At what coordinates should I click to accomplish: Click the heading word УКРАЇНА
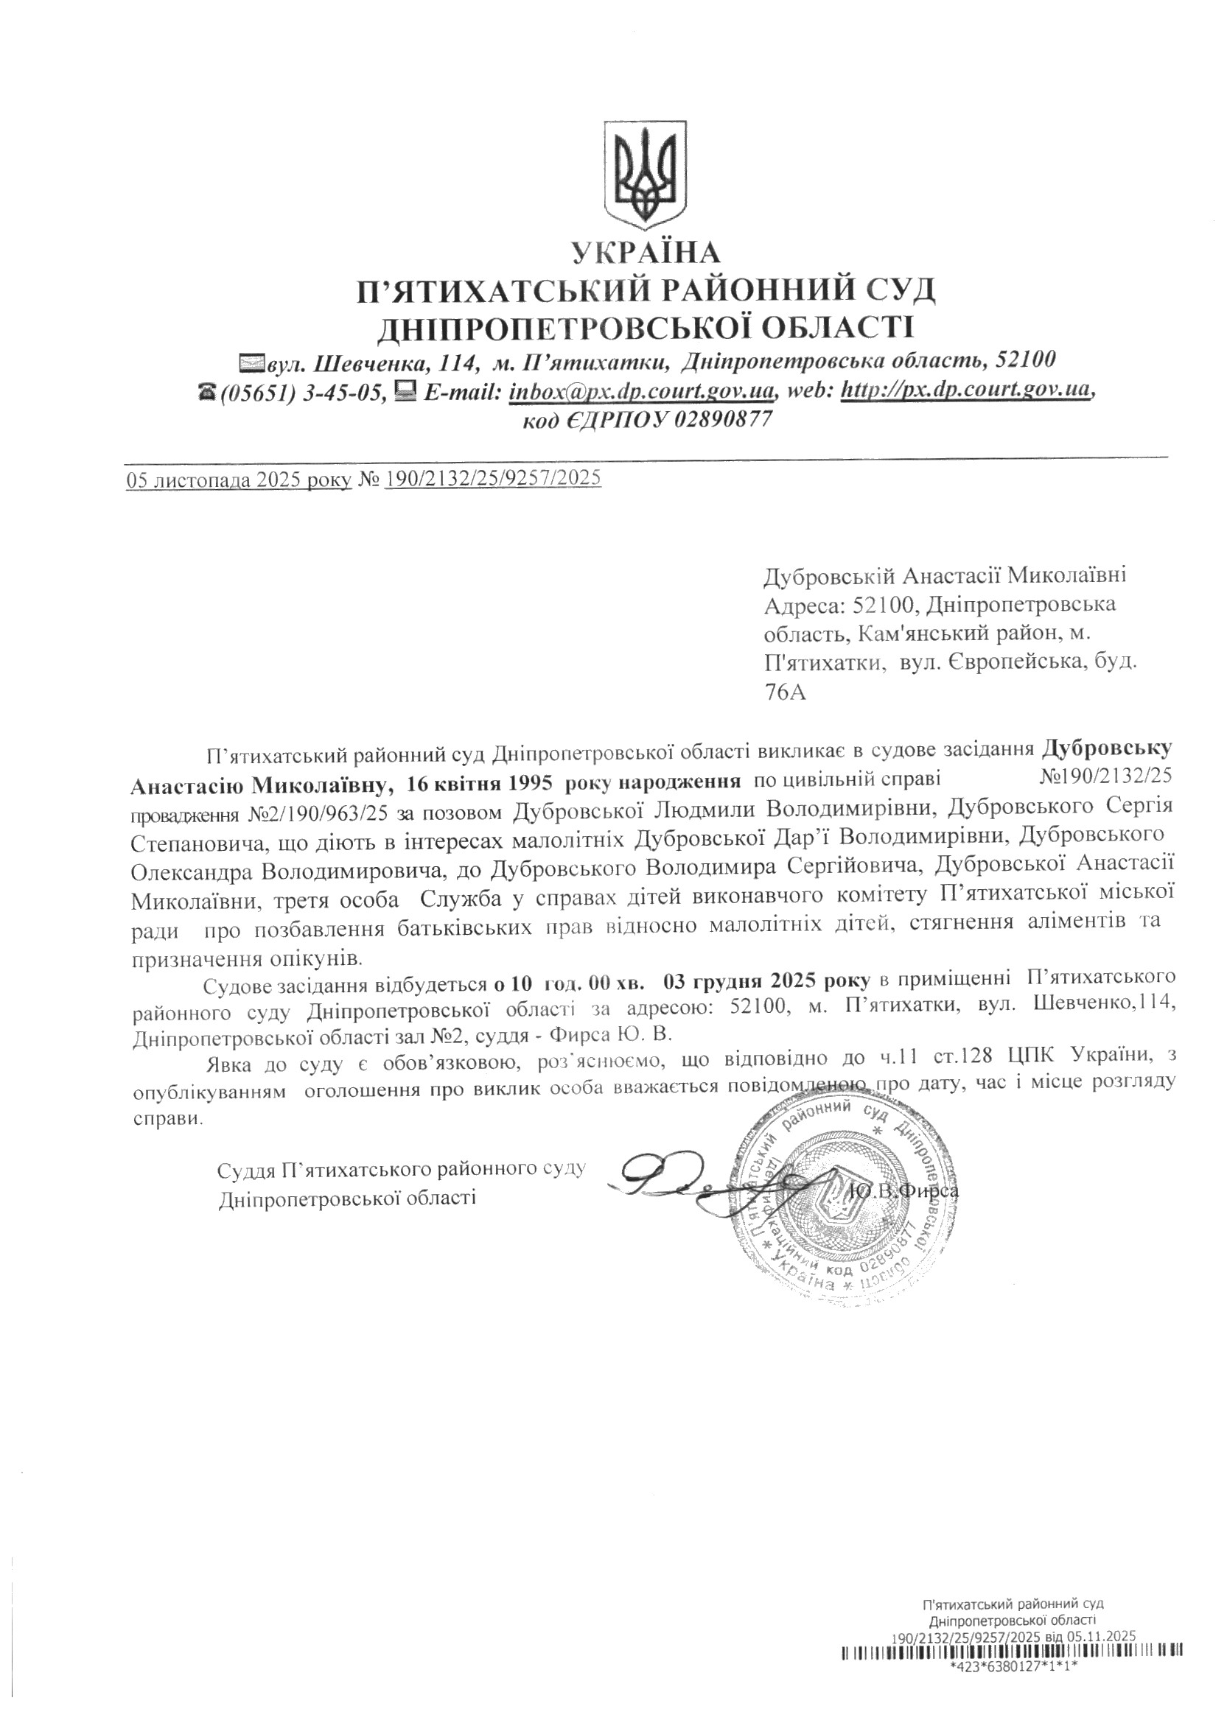646,252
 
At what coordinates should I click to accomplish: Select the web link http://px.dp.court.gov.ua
965,391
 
